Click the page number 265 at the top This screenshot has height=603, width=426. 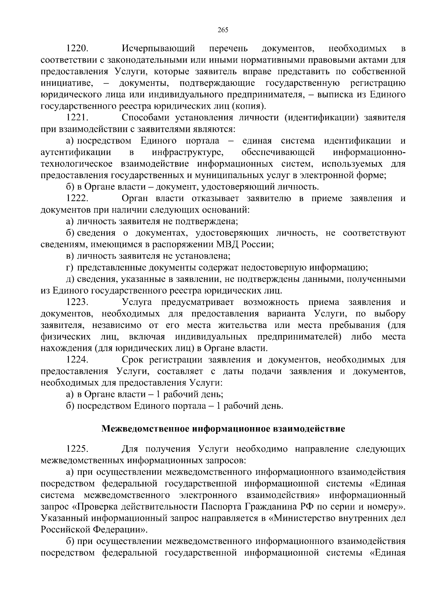[x=223, y=30]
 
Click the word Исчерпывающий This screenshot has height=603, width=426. [x=158, y=48]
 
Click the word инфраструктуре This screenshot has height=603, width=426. [x=188, y=152]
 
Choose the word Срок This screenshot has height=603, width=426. [x=132, y=360]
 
